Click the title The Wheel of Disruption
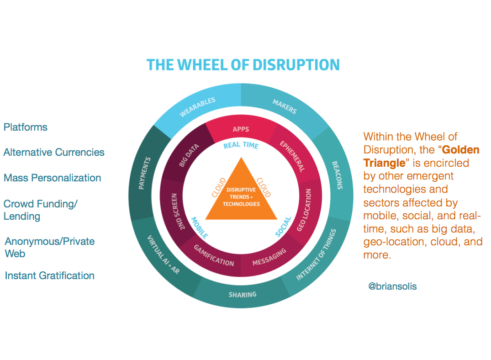click(243, 64)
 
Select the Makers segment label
click(285, 106)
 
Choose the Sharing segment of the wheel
click(242, 294)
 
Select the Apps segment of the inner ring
click(241, 129)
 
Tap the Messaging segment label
click(269, 257)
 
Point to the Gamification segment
click(214, 256)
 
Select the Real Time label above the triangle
click(241, 146)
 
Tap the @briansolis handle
click(392, 286)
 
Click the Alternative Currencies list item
click(54, 152)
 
